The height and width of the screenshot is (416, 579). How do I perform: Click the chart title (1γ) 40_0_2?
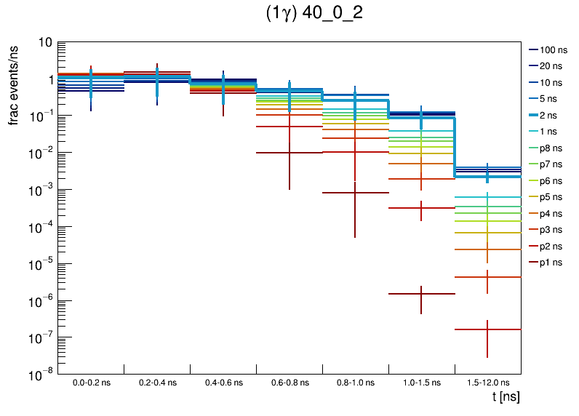tap(314, 15)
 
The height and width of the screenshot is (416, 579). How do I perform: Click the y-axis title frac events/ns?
tap(14, 84)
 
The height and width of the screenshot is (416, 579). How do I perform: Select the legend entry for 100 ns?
tap(554, 50)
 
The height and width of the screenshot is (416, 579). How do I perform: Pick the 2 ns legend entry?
tap(548, 116)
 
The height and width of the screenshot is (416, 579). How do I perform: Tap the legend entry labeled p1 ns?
tap(551, 263)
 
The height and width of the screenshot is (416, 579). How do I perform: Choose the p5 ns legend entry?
tap(551, 197)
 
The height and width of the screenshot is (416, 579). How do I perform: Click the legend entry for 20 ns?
tap(551, 66)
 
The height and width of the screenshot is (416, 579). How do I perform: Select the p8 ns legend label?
tap(551, 148)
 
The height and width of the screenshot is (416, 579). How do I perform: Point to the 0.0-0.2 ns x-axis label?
tap(91, 382)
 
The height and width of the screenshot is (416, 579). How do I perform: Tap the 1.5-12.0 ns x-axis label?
tap(487, 382)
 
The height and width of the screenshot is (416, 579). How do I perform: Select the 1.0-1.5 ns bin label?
tap(421, 382)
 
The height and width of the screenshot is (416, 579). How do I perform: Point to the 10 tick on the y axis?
tap(44, 42)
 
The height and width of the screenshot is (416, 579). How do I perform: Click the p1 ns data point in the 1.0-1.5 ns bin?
tap(421, 294)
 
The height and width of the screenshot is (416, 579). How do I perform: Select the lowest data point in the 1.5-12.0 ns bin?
tap(487, 329)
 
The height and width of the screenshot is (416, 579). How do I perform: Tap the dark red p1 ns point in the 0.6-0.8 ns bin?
tap(289, 153)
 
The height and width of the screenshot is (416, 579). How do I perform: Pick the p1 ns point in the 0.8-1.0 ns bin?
tap(355, 193)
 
